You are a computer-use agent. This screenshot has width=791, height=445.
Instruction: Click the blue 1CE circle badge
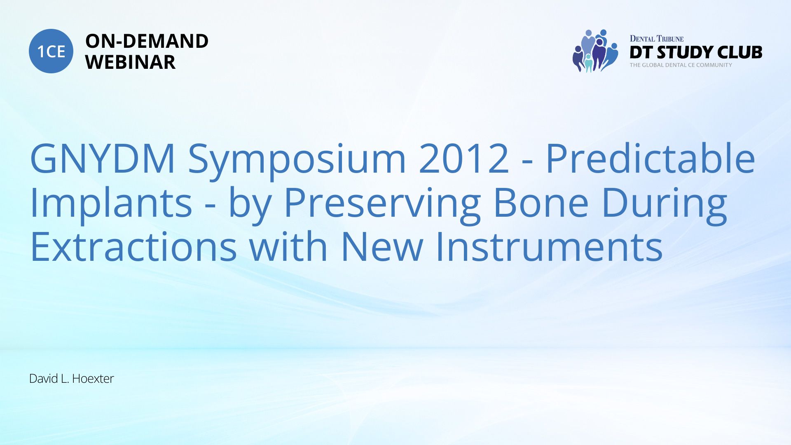[x=51, y=51]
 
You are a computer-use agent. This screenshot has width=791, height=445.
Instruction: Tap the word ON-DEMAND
[x=147, y=41]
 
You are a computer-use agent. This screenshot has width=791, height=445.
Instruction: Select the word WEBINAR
[x=130, y=62]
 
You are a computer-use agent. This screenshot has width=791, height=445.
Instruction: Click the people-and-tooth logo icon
[x=595, y=51]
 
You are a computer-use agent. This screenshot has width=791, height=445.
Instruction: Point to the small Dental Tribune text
[x=656, y=39]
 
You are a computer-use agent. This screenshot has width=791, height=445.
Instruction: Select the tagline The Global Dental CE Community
[x=681, y=65]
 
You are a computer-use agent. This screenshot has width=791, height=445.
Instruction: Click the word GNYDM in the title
[x=103, y=158]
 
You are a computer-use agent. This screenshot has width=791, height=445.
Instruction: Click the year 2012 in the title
[x=464, y=158]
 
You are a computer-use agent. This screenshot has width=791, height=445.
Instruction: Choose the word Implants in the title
[x=111, y=205]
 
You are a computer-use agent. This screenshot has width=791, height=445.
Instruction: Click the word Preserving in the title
[x=382, y=205]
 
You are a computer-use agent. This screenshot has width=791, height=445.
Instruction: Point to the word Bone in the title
[x=541, y=202]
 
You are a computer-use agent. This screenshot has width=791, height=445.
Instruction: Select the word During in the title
[x=664, y=205]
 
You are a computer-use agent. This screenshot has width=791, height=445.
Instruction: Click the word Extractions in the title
[x=133, y=246]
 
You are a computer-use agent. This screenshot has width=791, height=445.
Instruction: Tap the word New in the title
[x=382, y=246]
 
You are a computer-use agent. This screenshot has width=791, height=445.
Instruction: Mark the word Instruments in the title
[x=549, y=246]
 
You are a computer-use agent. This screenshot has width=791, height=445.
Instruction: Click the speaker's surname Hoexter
[x=93, y=379]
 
